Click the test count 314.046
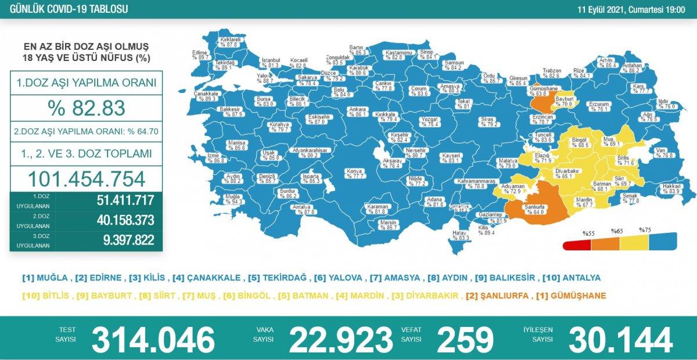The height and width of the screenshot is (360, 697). click(153, 339)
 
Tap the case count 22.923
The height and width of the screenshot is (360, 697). click(340, 339)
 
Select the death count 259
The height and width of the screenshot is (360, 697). click(465, 339)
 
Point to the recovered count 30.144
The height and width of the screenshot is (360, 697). click(620, 339)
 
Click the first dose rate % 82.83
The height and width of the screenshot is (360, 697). click(86, 109)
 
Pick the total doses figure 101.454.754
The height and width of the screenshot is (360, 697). click(86, 178)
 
